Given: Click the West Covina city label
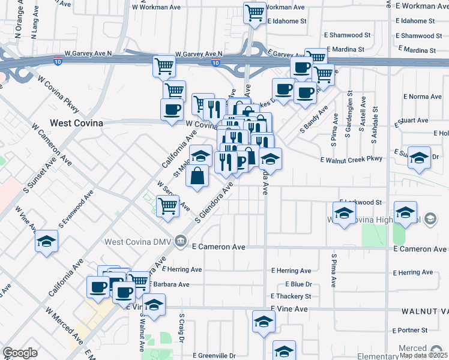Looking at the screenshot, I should click(76, 123).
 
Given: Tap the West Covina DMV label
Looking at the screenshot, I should click(138, 242).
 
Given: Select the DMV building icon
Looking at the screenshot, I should click(181, 241).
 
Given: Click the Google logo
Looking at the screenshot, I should click(20, 353).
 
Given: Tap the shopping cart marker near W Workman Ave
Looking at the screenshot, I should click(255, 12).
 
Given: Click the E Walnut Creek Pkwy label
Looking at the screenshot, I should click(351, 160).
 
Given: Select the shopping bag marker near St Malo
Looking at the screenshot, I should click(197, 176).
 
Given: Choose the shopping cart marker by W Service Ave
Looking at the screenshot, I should click(168, 206).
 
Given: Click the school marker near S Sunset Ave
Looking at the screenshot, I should click(46, 242).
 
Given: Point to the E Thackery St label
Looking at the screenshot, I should click(291, 296).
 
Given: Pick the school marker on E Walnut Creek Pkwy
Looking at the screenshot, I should click(419, 157).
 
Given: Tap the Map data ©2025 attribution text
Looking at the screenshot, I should click(423, 355).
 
